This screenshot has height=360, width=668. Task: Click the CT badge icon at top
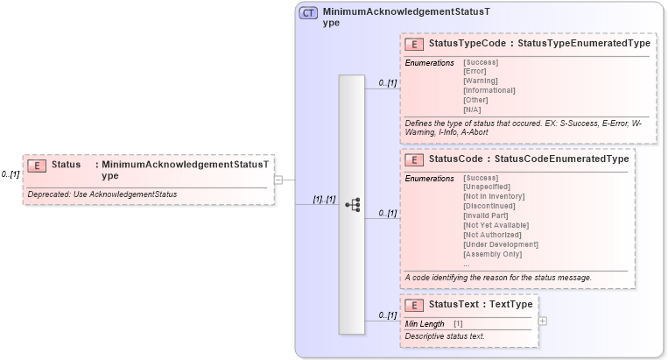[x=308, y=13]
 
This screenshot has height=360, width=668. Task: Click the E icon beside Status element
[x=37, y=166]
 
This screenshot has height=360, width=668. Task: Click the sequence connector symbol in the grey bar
[x=352, y=204]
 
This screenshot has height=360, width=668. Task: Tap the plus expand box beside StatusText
[x=544, y=321]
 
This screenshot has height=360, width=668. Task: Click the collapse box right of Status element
[x=278, y=180]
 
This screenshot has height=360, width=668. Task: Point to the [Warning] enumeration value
[x=482, y=81]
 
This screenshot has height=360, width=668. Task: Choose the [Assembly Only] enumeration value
[x=492, y=254]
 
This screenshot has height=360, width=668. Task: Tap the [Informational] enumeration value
[x=489, y=90]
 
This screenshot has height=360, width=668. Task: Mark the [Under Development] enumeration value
[x=500, y=244]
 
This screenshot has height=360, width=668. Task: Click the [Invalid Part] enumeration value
[x=485, y=216]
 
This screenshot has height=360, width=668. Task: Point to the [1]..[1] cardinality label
[x=324, y=199]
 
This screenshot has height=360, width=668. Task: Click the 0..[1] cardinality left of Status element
[x=11, y=174]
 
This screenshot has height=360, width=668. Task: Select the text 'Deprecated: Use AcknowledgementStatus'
[x=102, y=194]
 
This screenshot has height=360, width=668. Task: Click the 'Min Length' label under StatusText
[x=425, y=324]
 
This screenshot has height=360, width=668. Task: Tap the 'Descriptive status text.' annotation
[x=445, y=336]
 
